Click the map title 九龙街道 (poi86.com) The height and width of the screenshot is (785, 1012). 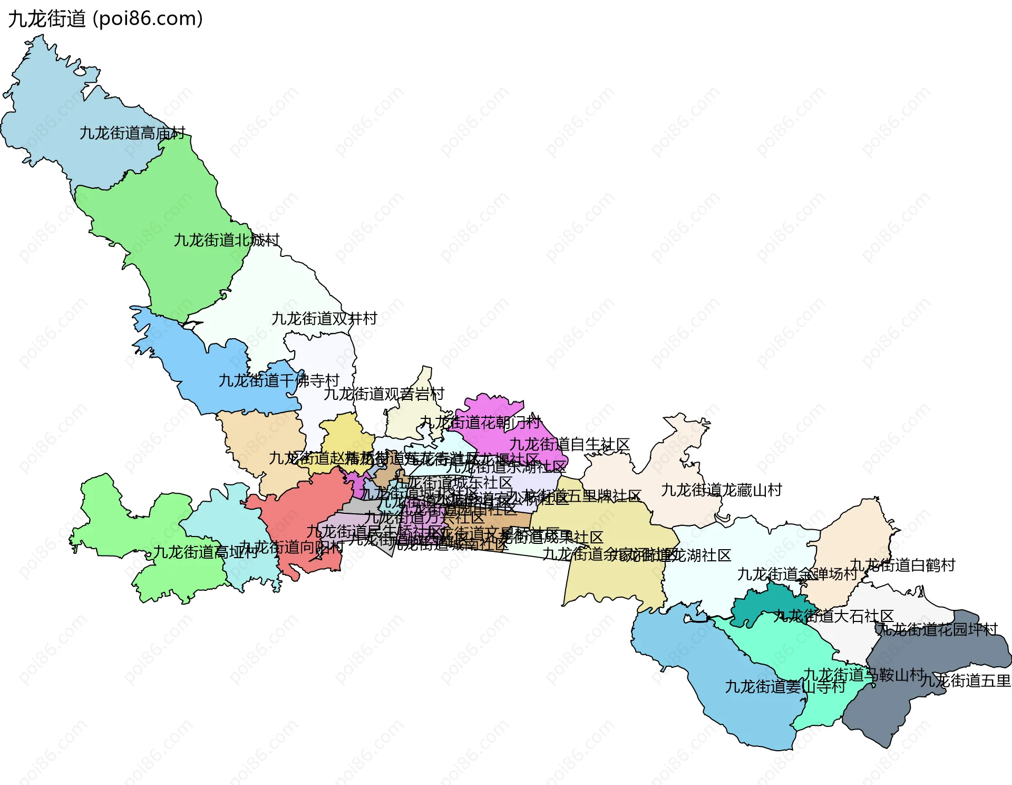105,19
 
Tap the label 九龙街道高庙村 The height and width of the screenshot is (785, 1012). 132,133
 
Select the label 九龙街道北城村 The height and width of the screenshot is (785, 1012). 227,240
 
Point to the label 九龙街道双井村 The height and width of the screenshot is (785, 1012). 324,319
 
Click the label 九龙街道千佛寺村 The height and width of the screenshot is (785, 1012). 279,380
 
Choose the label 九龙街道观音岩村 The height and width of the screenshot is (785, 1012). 384,394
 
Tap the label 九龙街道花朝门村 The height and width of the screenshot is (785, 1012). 480,422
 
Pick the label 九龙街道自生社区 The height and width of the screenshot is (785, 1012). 569,444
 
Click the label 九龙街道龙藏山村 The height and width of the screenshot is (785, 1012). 721,490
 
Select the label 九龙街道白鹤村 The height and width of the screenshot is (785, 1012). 902,565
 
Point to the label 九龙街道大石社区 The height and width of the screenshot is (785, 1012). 833,616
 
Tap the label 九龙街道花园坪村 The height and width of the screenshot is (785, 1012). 937,629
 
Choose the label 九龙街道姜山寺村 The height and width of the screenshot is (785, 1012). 785,686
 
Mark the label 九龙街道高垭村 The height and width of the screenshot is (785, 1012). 205,552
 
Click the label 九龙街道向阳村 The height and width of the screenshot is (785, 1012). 291,547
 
